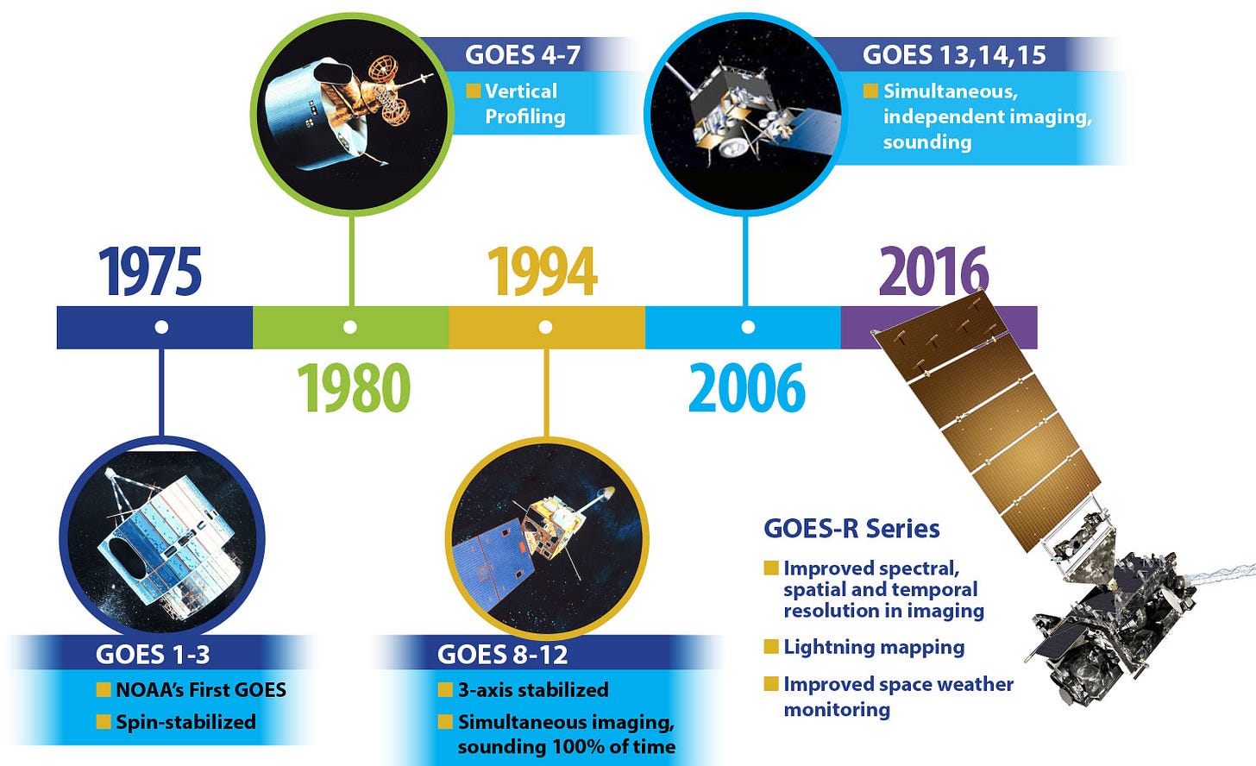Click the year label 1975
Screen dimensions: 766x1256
[150, 272]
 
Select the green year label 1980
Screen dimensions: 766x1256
[354, 388]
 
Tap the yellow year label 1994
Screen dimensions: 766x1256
[543, 272]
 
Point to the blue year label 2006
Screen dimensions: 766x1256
[747, 388]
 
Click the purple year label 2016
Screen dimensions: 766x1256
[933, 272]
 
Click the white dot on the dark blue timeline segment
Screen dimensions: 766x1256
[161, 327]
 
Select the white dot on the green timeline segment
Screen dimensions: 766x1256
[349, 327]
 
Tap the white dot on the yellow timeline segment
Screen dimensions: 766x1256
[545, 327]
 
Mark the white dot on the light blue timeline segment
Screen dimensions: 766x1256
[748, 327]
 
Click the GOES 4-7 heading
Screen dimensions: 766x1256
[522, 55]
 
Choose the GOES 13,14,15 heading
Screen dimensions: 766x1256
[954, 55]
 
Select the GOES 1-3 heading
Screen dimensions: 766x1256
[153, 655]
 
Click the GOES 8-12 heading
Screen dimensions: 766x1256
[503, 655]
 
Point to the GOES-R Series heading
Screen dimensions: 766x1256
[851, 528]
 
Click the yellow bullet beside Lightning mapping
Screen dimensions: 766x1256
[771, 647]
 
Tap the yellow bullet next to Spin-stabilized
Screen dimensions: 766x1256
[104, 722]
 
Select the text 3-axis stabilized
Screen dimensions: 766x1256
[532, 690]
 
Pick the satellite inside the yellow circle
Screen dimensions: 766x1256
[543, 535]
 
